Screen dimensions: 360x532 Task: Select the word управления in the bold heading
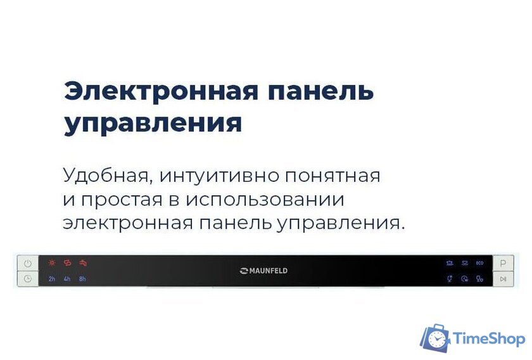pos(153,123)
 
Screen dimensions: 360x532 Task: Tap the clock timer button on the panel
pos(28,278)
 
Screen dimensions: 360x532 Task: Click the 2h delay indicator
pos(52,279)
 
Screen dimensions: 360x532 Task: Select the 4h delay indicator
pos(67,279)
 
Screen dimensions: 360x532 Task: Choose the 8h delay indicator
pos(82,279)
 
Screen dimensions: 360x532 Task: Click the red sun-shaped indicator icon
pos(52,262)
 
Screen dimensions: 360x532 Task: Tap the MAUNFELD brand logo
pos(264,271)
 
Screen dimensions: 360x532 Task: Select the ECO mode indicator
pos(479,262)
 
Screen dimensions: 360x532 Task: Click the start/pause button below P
pos(503,279)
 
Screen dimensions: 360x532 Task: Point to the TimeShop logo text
pos(490,339)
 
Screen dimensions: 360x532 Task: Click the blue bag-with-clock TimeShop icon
pos(436,339)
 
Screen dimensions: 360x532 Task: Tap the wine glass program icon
pos(449,279)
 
